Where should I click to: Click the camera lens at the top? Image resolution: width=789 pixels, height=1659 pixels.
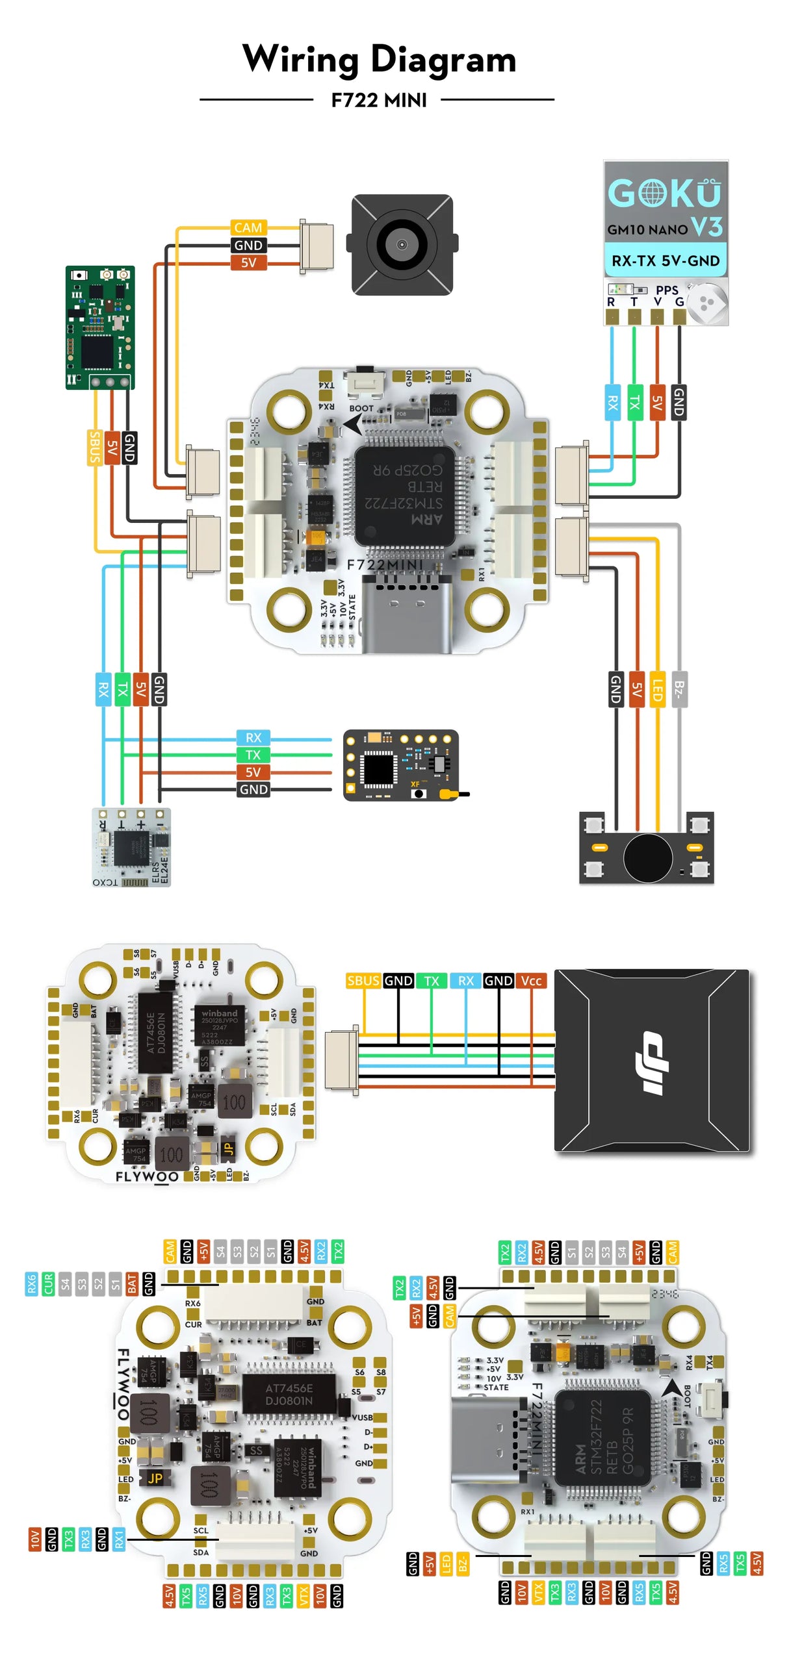pyautogui.click(x=401, y=244)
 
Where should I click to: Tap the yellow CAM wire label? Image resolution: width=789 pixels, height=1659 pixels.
pyautogui.click(x=248, y=227)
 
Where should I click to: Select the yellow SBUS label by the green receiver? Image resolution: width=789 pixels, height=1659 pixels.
pyautogui.click(x=95, y=447)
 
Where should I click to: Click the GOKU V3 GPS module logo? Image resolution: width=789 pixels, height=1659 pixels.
pyautogui.click(x=664, y=194)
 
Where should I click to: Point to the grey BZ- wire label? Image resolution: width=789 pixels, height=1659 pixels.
pyautogui.click(x=678, y=688)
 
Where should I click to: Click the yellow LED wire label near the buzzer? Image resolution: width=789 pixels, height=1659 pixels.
pyautogui.click(x=657, y=688)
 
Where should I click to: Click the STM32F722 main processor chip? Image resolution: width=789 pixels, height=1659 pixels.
pyautogui.click(x=404, y=495)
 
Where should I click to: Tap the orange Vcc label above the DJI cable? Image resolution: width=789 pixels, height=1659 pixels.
pyautogui.click(x=530, y=980)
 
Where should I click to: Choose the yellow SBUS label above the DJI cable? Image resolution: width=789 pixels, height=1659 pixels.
pyautogui.click(x=363, y=980)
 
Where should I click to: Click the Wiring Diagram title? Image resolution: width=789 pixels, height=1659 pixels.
pyautogui.click(x=379, y=59)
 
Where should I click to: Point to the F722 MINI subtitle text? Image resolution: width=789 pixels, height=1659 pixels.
pyautogui.click(x=379, y=100)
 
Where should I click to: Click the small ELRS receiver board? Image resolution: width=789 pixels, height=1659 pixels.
pyautogui.click(x=131, y=846)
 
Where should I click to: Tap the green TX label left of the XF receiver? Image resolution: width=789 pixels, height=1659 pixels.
pyautogui.click(x=253, y=754)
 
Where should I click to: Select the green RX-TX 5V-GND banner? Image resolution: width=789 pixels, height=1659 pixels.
pyautogui.click(x=665, y=260)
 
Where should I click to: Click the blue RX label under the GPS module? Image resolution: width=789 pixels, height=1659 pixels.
pyautogui.click(x=612, y=403)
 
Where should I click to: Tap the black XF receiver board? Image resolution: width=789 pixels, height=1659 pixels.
pyautogui.click(x=400, y=765)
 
